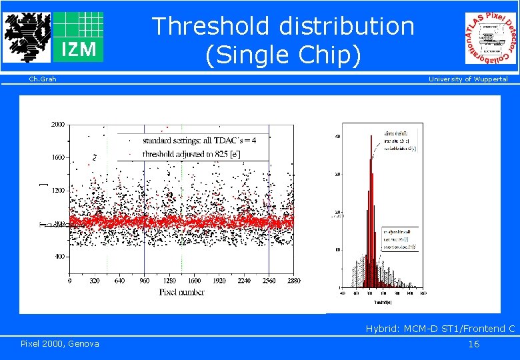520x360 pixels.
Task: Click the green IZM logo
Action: click(x=78, y=37)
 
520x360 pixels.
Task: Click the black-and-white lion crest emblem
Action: click(x=26, y=37)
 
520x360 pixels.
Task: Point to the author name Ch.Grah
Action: click(x=43, y=79)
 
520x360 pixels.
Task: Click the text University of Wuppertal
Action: click(x=467, y=79)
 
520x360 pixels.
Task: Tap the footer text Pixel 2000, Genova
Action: click(x=60, y=343)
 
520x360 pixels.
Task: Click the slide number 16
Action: click(x=473, y=344)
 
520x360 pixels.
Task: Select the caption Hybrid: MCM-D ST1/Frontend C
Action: click(x=440, y=329)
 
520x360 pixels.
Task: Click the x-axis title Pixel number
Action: click(x=182, y=292)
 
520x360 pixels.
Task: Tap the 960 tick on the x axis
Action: click(x=145, y=281)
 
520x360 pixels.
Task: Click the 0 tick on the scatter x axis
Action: click(x=71, y=281)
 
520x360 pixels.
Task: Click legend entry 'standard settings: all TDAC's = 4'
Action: click(x=199, y=141)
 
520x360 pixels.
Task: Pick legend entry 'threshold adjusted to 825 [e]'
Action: click(x=192, y=153)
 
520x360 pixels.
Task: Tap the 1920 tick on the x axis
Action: click(x=219, y=281)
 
